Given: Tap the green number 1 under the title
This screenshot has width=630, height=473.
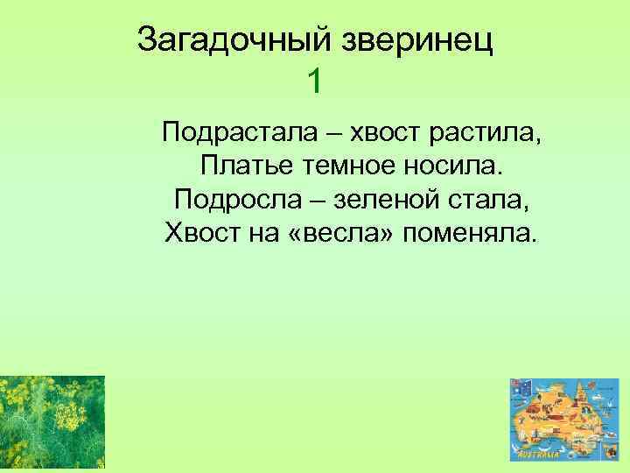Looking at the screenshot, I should [x=315, y=82].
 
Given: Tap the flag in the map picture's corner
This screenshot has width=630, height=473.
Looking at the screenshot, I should [x=521, y=387].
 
